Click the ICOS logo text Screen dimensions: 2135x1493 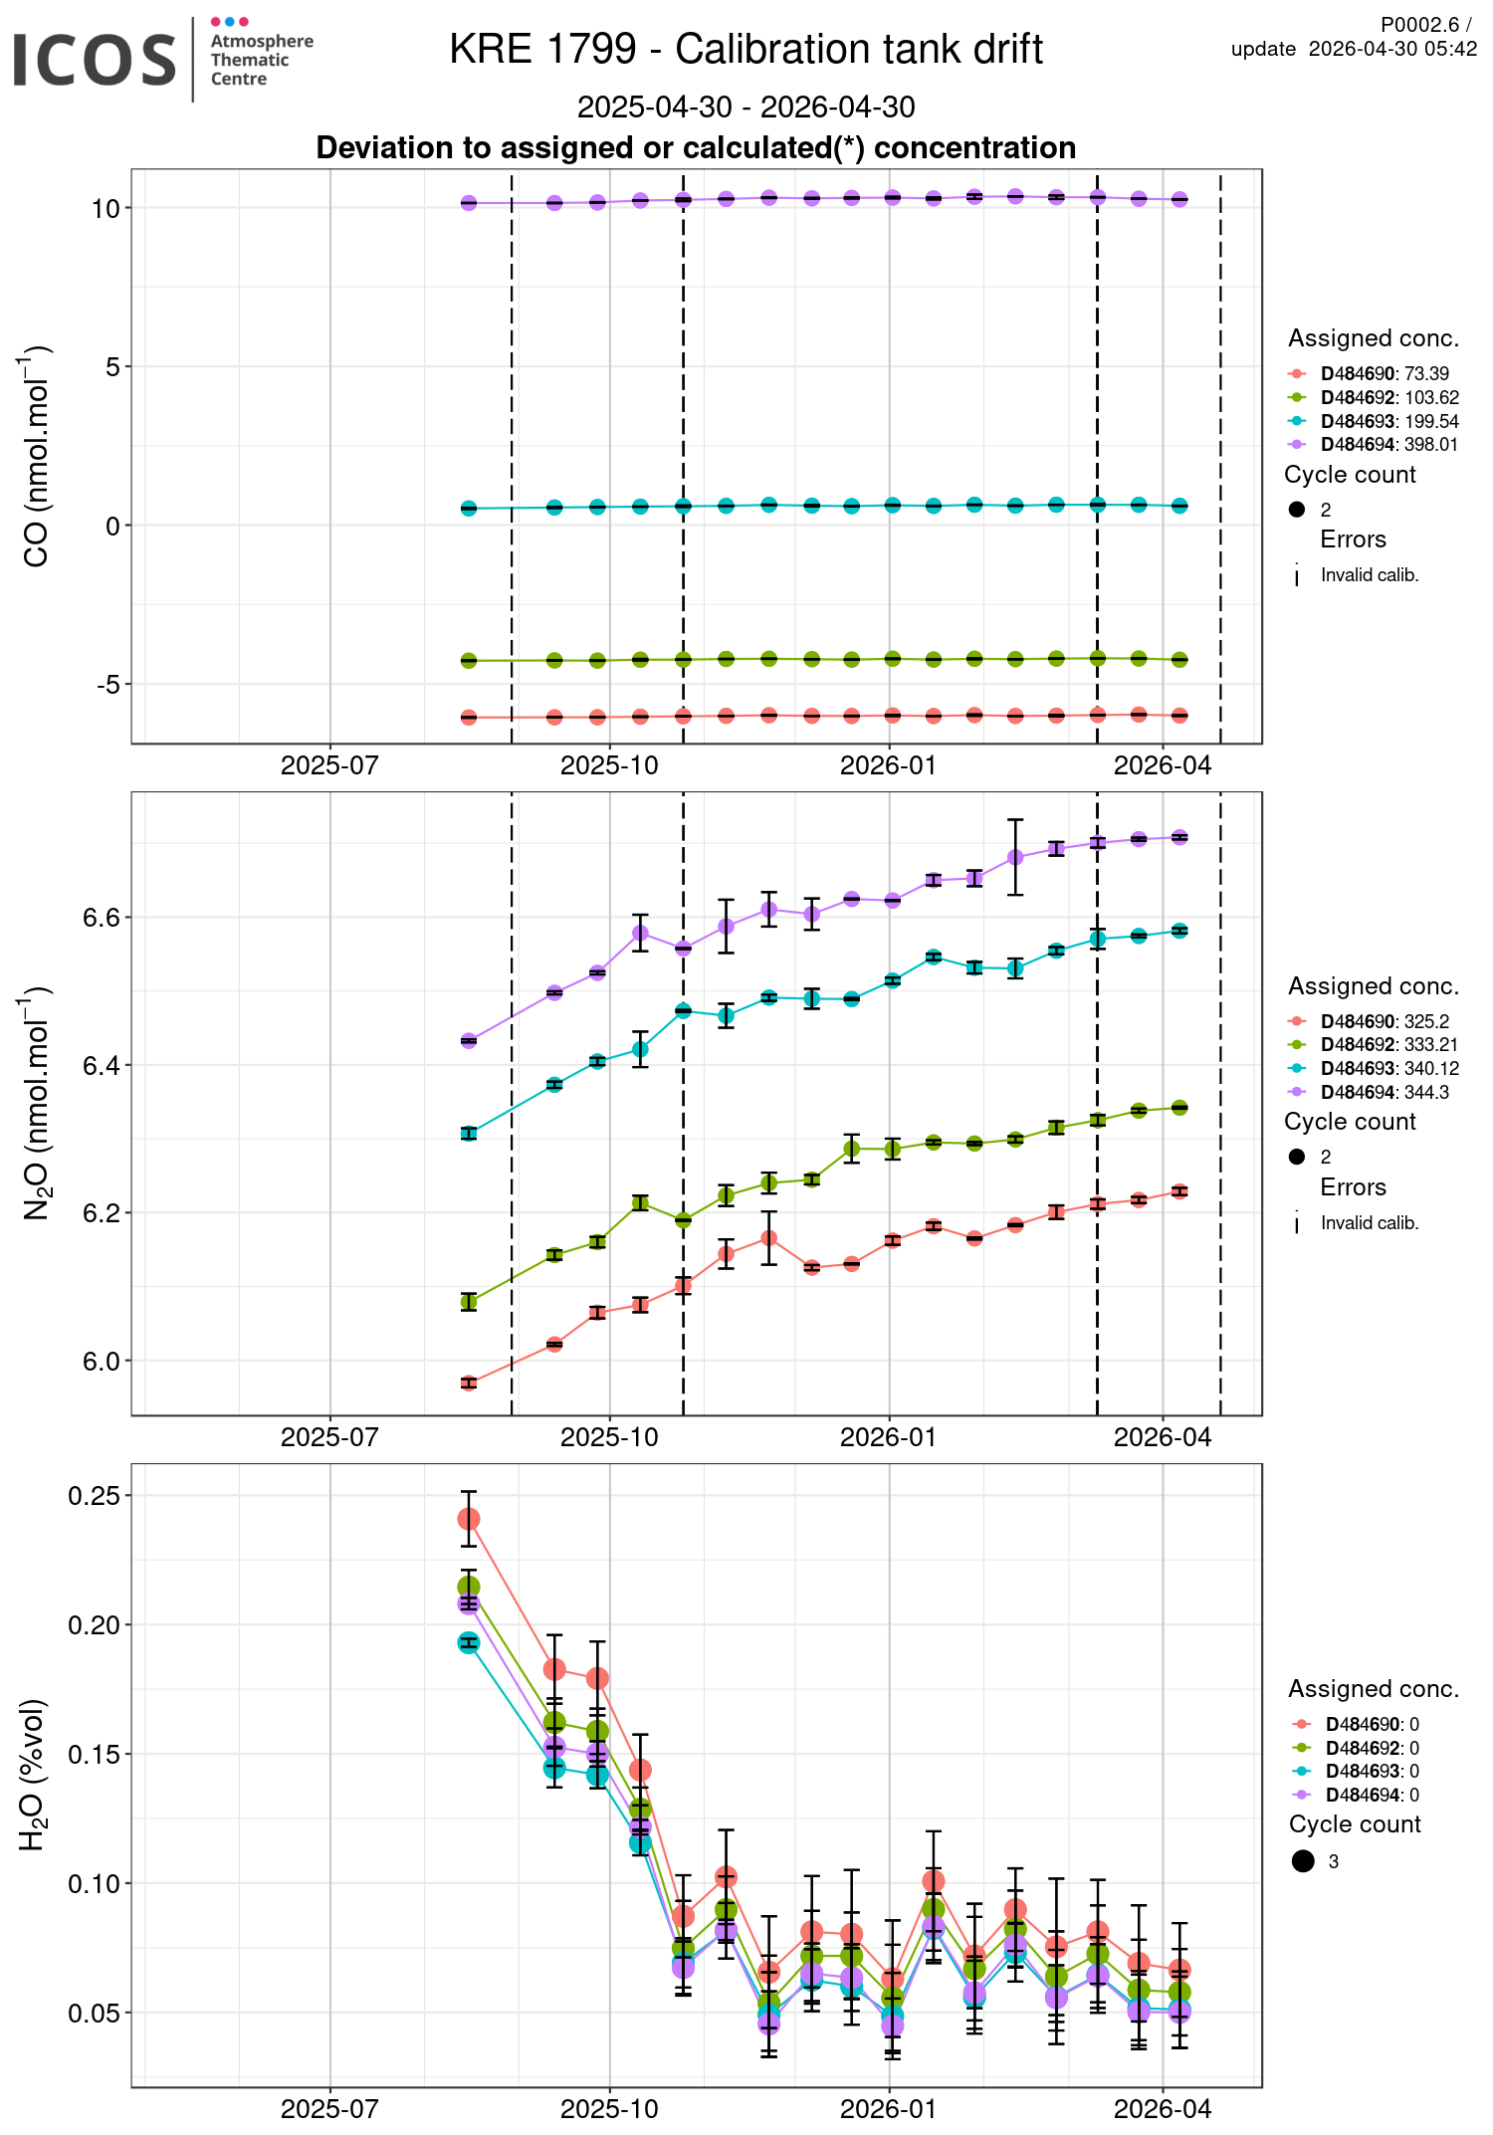[95, 60]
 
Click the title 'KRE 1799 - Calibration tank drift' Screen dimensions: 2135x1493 [746, 49]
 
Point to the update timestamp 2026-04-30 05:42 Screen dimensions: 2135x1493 [1392, 50]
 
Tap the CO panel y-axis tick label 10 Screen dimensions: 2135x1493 [106, 209]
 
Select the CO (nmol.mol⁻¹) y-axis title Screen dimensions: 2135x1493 [36, 457]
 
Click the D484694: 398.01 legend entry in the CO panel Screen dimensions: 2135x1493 [1388, 445]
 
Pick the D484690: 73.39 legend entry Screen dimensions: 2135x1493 [1384, 374]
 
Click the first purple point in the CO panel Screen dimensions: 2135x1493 [469, 203]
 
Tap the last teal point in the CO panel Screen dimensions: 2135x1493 [1179, 506]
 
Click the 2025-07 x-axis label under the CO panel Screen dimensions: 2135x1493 [329, 765]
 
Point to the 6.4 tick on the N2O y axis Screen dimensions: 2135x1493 [102, 1066]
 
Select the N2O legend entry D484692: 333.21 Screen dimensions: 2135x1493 [1388, 1045]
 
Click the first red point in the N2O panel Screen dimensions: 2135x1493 [469, 1383]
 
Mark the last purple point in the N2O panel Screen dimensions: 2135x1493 [1179, 838]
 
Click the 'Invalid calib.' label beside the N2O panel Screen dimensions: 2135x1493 [1369, 1223]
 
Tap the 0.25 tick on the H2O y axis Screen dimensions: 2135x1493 [94, 1496]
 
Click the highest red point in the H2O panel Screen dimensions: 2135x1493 [469, 1519]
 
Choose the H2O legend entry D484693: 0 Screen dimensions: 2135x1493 [1372, 1771]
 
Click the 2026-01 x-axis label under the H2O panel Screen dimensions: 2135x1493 [889, 2109]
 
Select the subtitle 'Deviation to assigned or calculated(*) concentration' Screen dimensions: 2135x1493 [696, 147]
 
